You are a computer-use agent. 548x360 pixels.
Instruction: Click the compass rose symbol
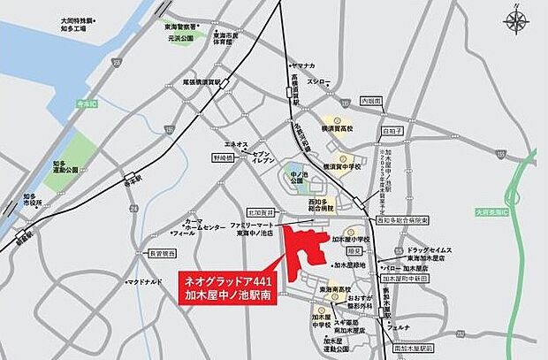(516, 20)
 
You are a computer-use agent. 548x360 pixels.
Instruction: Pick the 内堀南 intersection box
(371, 103)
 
